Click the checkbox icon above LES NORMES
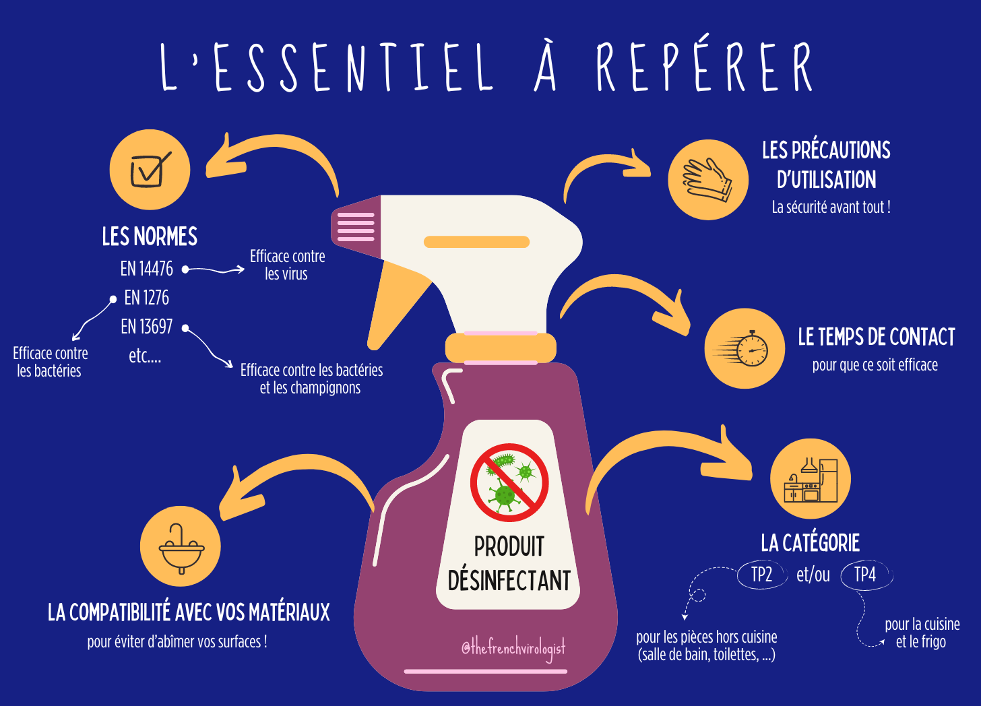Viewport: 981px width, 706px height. click(150, 170)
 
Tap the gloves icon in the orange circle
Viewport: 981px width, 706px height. click(708, 180)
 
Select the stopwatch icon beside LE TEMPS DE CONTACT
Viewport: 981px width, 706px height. click(745, 348)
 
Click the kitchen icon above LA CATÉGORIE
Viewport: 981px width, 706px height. click(811, 480)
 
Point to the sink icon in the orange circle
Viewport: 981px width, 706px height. click(181, 547)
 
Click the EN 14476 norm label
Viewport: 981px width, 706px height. click(146, 269)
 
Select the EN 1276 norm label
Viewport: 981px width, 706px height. click(146, 298)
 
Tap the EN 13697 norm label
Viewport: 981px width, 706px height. click(146, 327)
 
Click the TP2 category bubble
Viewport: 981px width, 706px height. click(761, 575)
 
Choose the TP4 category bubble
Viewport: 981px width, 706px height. click(865, 575)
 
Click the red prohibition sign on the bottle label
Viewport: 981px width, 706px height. click(509, 482)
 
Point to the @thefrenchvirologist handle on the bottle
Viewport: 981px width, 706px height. click(513, 648)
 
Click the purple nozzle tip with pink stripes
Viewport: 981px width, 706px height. click(354, 226)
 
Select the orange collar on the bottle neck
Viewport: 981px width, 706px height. click(501, 348)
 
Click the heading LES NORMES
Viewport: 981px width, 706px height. click(150, 236)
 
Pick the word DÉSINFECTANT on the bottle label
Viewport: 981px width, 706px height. click(509, 581)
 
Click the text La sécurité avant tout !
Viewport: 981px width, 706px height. click(831, 207)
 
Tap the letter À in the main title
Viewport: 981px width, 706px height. click(546, 67)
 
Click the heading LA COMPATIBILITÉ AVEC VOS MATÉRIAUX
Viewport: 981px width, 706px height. click(189, 612)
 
